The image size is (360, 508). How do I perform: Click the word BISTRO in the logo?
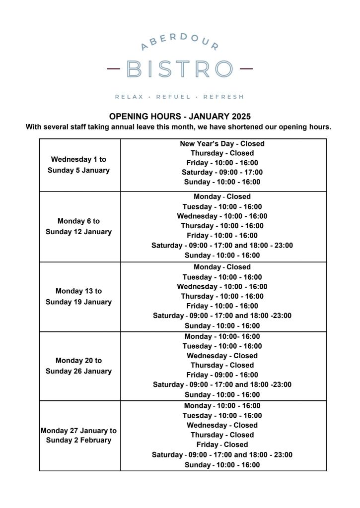[179, 69]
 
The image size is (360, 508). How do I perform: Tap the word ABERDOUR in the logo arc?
[179, 42]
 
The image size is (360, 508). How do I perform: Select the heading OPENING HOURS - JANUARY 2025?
[180, 117]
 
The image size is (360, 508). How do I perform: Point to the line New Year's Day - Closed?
[222, 144]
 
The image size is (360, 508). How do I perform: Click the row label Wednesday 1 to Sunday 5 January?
[78, 165]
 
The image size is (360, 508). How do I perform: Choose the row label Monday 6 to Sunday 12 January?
[78, 226]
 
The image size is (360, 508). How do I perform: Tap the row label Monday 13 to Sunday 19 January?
[78, 297]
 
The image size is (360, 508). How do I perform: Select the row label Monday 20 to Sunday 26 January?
[78, 366]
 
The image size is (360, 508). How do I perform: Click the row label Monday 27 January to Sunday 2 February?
[78, 435]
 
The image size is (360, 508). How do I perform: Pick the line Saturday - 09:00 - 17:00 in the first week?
[222, 172]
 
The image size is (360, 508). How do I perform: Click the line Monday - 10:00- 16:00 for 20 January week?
[222, 336]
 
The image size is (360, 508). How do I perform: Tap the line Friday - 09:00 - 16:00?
[222, 375]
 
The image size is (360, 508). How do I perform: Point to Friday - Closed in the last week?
[222, 444]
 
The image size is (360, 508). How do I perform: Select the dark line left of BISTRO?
[114, 68]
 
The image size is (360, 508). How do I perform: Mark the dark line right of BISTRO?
[246, 68]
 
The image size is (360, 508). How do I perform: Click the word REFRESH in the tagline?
[223, 97]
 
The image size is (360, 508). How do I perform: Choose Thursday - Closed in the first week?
[222, 153]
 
